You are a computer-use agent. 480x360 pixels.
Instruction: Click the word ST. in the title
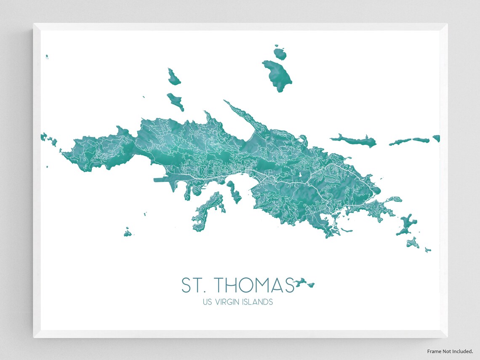tap(191, 285)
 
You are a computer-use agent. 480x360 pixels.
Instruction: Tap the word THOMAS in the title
tap(252, 285)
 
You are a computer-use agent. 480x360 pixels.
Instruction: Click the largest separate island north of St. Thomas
tap(278, 75)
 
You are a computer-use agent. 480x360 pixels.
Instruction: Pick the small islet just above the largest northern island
tap(280, 53)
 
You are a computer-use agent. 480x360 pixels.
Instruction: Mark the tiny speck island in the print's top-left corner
tap(47, 56)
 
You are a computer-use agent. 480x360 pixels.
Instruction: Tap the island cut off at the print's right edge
tap(436, 138)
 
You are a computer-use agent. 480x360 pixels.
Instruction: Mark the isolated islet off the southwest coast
tap(128, 232)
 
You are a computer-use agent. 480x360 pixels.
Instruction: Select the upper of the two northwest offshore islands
tap(173, 77)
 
